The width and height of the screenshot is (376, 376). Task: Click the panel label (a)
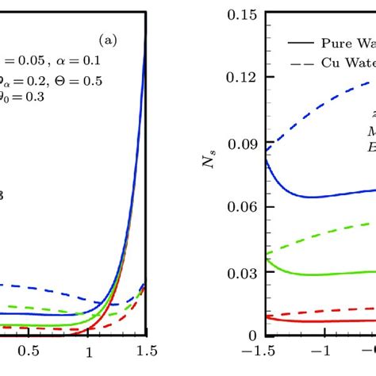[108, 38]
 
